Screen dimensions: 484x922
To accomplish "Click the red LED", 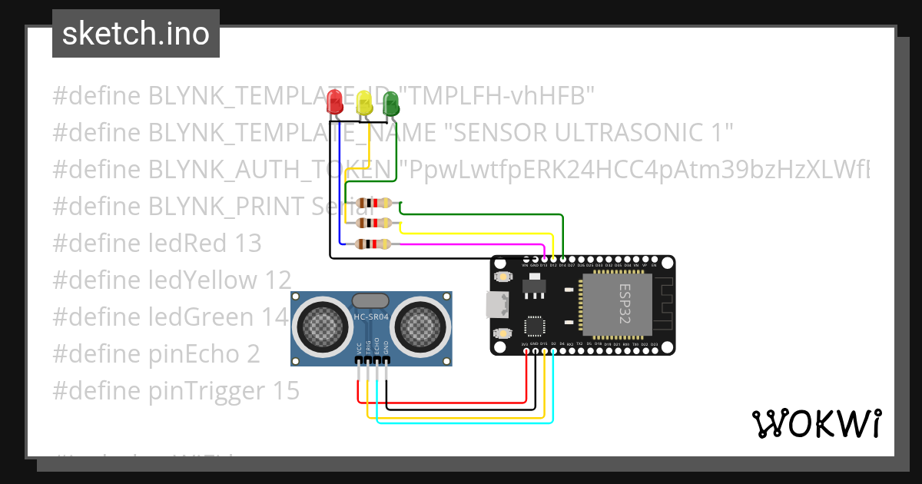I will (x=335, y=101).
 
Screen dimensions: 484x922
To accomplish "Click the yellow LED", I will (x=363, y=102).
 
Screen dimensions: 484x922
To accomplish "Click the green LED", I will (x=391, y=102).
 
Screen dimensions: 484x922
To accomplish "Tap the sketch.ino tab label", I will (x=135, y=34).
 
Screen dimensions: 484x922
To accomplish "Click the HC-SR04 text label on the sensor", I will (x=370, y=317).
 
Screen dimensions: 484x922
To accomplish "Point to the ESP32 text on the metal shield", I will (x=624, y=303).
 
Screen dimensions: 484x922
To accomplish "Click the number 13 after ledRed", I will (x=248, y=244).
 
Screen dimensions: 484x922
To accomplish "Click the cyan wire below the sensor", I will (x=461, y=422).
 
